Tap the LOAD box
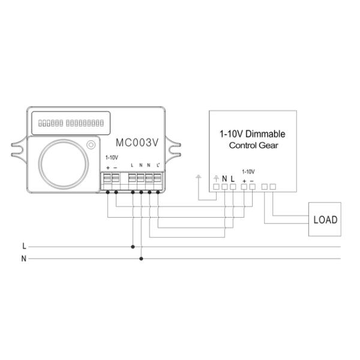coord(325,219)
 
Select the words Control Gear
coord(252,146)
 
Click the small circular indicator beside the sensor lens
coord(91,145)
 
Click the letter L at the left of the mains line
coord(23,246)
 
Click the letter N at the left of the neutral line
coord(23,259)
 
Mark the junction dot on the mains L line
coord(133,246)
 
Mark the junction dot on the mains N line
coord(141,259)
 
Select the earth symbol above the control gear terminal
coord(217,178)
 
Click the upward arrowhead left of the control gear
coord(199,176)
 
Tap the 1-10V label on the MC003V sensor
coord(112,157)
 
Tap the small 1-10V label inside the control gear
coord(248,171)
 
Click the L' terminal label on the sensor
coord(158,165)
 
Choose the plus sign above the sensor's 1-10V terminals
coord(107,166)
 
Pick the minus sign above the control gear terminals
coord(252,179)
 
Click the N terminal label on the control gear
coord(224,178)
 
